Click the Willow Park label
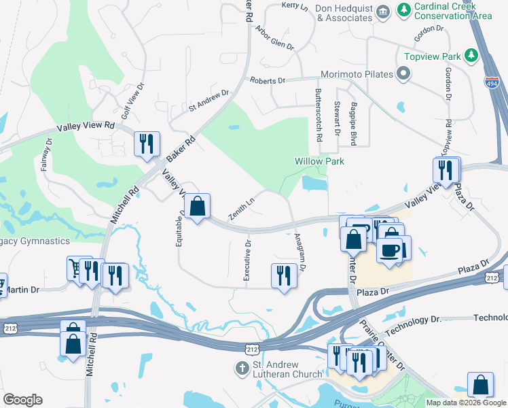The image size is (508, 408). (319, 161)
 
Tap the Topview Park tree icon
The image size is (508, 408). (469, 56)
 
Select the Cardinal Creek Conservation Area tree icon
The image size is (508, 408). (405, 10)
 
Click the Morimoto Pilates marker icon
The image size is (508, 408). (404, 73)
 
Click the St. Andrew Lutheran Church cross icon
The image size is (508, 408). (240, 369)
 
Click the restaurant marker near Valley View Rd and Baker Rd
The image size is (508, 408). (147, 143)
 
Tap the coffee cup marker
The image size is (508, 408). (389, 250)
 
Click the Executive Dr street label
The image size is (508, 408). (248, 260)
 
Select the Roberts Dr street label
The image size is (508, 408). (268, 80)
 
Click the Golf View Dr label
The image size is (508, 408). (133, 101)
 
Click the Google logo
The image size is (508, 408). (22, 400)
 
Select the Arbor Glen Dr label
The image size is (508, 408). (274, 38)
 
